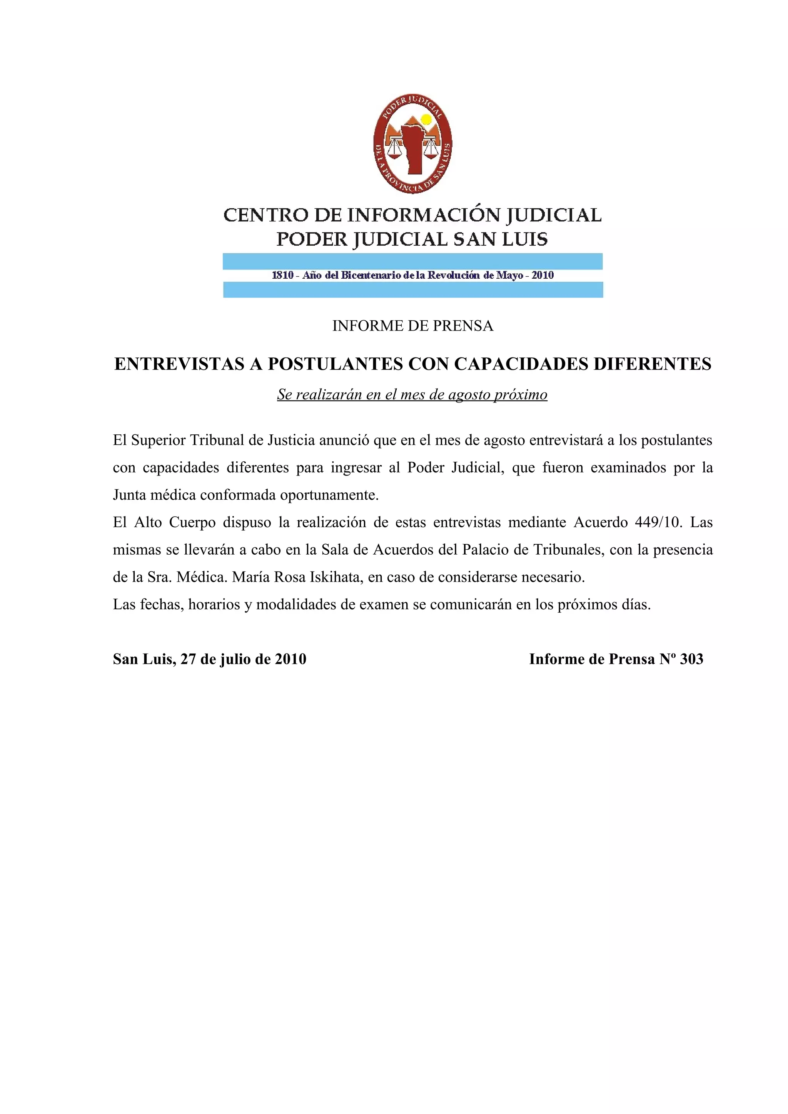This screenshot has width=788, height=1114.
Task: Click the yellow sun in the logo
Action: click(x=426, y=119)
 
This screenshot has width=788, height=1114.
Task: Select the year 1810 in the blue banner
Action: click(x=282, y=275)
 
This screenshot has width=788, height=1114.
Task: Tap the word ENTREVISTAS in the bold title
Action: click(x=179, y=364)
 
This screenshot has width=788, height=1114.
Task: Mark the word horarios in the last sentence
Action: click(x=214, y=605)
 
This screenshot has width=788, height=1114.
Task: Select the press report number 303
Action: click(x=691, y=659)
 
